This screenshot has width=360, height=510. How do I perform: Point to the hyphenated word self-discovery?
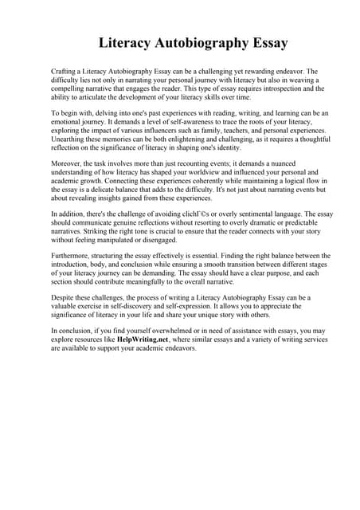click(x=140, y=307)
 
